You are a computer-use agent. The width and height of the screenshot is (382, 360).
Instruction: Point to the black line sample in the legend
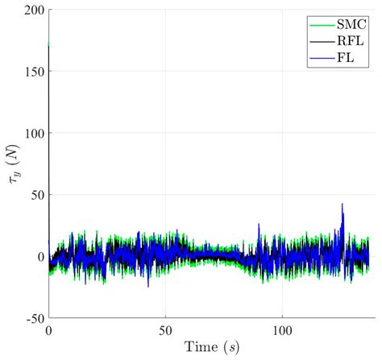pos(318,40)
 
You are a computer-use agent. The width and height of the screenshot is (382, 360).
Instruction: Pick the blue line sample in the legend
pos(318,57)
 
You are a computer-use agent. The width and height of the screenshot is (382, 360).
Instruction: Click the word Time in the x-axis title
pos(189,349)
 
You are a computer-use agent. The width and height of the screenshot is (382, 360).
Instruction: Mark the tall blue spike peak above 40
pos(343,204)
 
